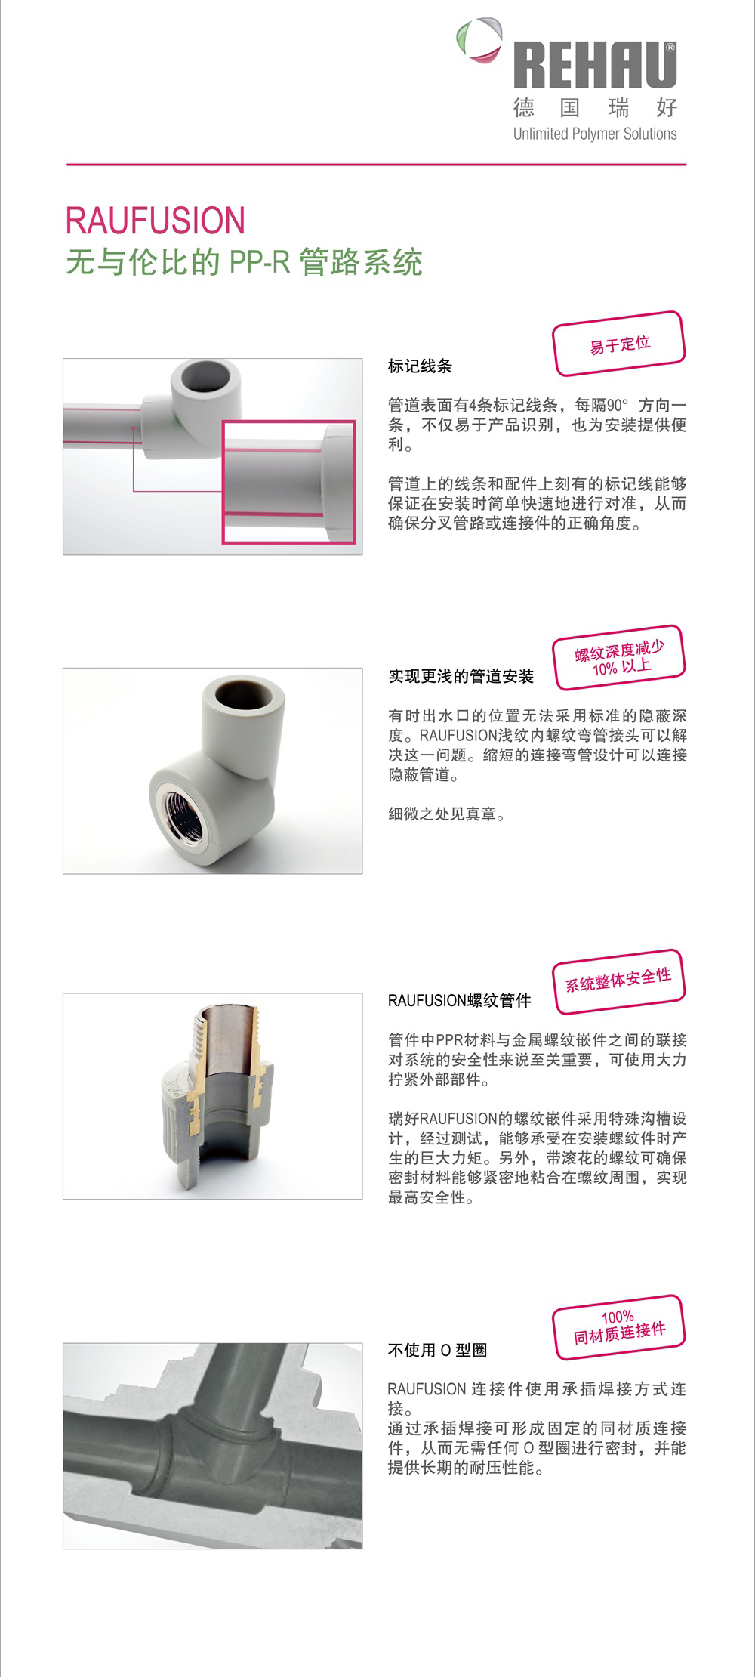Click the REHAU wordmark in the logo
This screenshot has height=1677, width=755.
click(595, 66)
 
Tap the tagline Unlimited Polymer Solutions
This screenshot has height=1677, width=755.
click(595, 134)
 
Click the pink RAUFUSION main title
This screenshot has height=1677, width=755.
click(156, 221)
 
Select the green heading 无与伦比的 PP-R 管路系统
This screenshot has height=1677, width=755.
click(244, 262)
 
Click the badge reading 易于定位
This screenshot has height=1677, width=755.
click(619, 344)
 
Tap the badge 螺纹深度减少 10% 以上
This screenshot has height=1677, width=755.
click(619, 657)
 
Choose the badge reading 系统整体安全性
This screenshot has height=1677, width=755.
click(619, 981)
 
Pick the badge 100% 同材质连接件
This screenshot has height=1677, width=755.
click(619, 1326)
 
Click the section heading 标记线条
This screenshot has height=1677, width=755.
click(420, 366)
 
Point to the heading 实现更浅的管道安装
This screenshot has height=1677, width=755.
click(461, 676)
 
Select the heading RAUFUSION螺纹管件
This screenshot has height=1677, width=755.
click(459, 1001)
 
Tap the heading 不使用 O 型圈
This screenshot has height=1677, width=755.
click(437, 1350)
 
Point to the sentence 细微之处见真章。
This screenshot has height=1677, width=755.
click(447, 814)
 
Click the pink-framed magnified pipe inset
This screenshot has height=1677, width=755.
click(288, 482)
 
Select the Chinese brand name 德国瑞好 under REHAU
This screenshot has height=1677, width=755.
click(595, 108)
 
